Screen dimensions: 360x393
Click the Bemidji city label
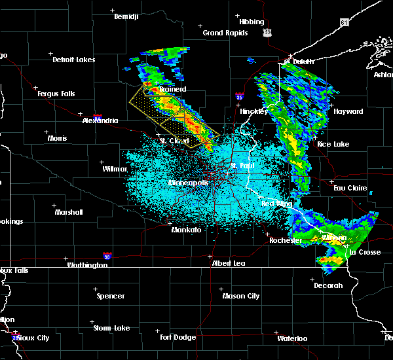click(126, 16)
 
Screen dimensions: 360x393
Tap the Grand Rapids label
click(225, 33)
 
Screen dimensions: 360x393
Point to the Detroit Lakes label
click(73, 60)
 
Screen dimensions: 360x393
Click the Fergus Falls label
click(57, 94)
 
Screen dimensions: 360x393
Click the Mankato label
click(186, 230)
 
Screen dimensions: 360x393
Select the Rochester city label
click(286, 240)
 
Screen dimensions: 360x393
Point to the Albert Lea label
click(228, 262)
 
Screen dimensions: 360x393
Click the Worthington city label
click(86, 265)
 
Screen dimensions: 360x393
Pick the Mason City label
click(242, 296)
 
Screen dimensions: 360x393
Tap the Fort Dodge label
click(178, 337)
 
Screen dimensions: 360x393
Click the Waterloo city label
click(291, 338)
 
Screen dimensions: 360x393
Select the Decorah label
click(327, 285)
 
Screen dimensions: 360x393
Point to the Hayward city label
click(348, 111)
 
